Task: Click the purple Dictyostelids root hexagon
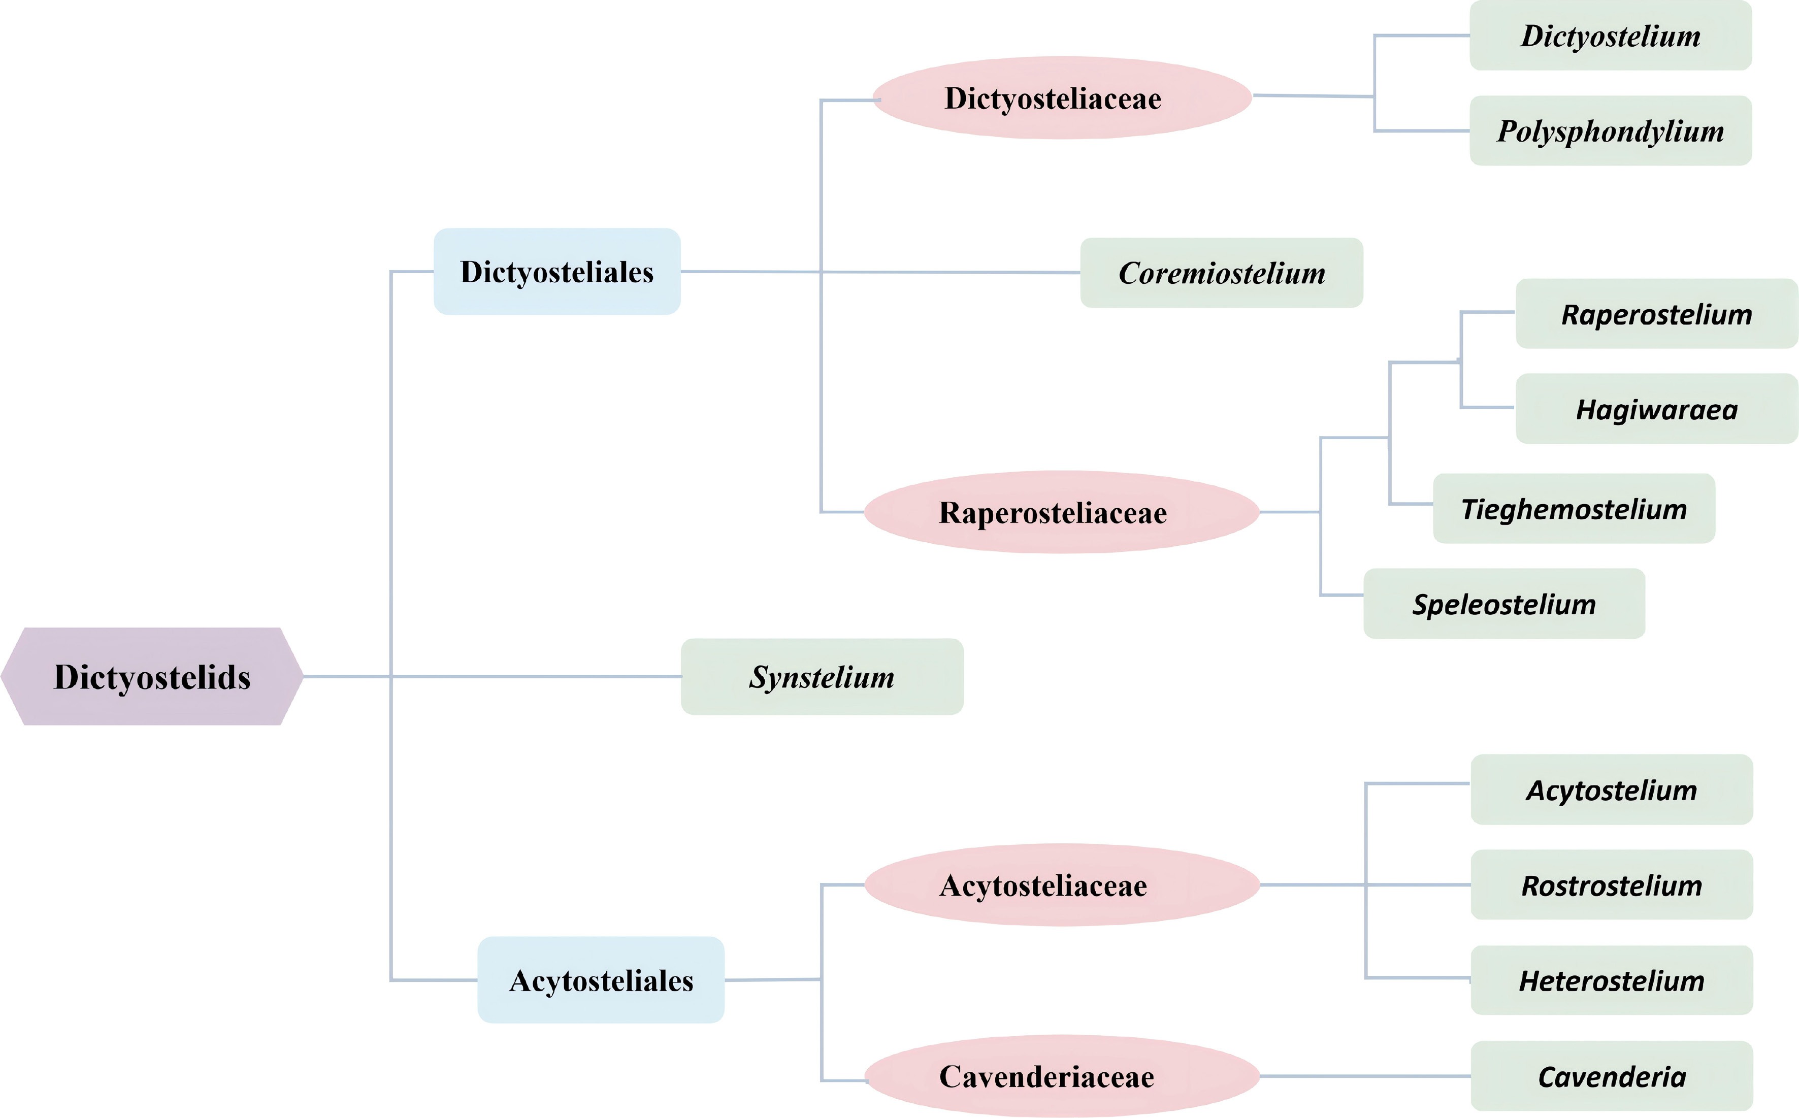152,677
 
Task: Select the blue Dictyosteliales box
557,271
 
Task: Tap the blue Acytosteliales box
600,980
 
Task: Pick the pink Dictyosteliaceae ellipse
1062,97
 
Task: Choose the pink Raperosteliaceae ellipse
1061,512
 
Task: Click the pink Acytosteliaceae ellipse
1061,884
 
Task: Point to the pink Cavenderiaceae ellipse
1061,1076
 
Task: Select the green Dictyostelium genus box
1611,36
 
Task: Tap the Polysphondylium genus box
1611,131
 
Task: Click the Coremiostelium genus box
1222,273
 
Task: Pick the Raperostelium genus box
1656,313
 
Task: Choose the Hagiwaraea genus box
1656,409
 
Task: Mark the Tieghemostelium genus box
1574,509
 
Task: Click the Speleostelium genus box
1504,603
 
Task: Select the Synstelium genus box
822,677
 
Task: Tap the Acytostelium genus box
1611,790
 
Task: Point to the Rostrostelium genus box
1611,884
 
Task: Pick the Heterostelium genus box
1611,980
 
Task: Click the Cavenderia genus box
1611,1076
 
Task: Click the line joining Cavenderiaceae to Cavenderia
1365,1076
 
